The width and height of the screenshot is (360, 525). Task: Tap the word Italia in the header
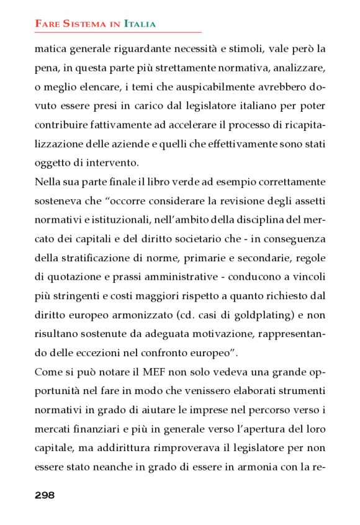point(140,24)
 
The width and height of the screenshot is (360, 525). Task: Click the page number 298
point(45,495)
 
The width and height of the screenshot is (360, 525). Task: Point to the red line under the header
point(118,32)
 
